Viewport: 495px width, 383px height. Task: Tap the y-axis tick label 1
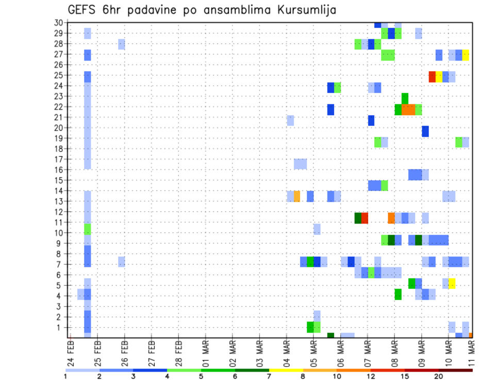pos(60,327)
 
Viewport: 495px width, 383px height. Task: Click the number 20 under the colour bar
pos(439,376)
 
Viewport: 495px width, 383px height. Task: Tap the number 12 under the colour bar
pos(371,376)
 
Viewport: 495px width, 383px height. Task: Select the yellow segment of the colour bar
pos(285,370)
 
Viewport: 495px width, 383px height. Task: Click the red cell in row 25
pos(432,76)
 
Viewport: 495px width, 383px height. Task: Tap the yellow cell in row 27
pos(466,55)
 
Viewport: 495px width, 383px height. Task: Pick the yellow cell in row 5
pos(452,283)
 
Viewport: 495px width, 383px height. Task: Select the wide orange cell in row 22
pos(408,109)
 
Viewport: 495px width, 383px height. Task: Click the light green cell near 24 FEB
pos(88,229)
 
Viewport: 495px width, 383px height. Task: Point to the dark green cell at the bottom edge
pos(331,336)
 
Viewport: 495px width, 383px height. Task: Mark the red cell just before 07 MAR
pos(365,218)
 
